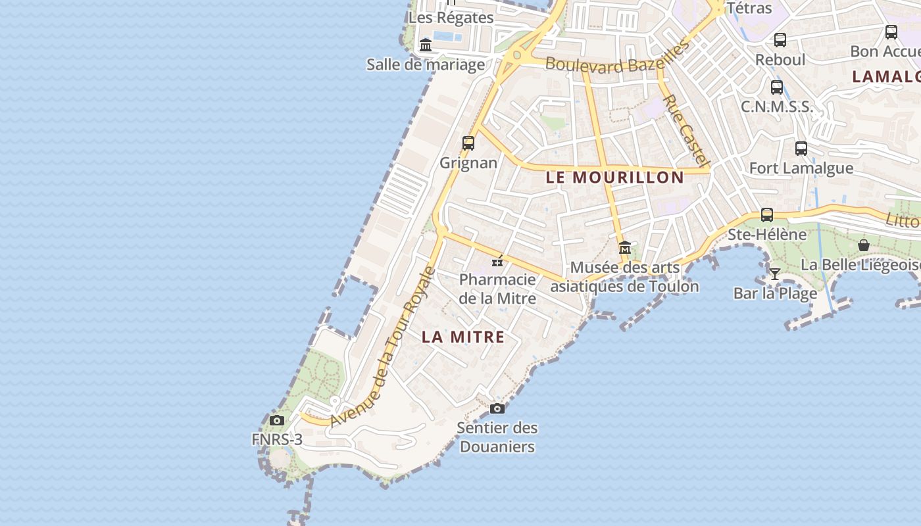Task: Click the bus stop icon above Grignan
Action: pyautogui.click(x=468, y=143)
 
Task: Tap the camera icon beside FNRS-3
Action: pyautogui.click(x=277, y=420)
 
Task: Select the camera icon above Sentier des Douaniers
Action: pyautogui.click(x=497, y=408)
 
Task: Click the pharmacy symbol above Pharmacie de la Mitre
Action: pyautogui.click(x=498, y=261)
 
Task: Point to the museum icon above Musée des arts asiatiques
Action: pyautogui.click(x=625, y=248)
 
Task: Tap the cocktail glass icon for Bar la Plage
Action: pyautogui.click(x=775, y=274)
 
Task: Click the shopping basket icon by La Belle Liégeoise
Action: pyautogui.click(x=864, y=245)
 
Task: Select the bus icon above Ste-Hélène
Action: pyautogui.click(x=767, y=214)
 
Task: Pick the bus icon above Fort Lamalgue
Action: pyautogui.click(x=801, y=148)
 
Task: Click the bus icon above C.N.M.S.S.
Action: pyautogui.click(x=777, y=87)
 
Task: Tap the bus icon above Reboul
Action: pyautogui.click(x=780, y=39)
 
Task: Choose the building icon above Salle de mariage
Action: pyautogui.click(x=426, y=45)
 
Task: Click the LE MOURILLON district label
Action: pyautogui.click(x=615, y=178)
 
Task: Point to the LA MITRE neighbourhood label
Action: pyautogui.click(x=463, y=337)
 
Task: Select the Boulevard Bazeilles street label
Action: pyautogui.click(x=617, y=59)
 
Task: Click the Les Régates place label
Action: pyautogui.click(x=451, y=18)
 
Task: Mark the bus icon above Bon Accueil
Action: pyautogui.click(x=891, y=32)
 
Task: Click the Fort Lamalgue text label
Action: pyautogui.click(x=801, y=168)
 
